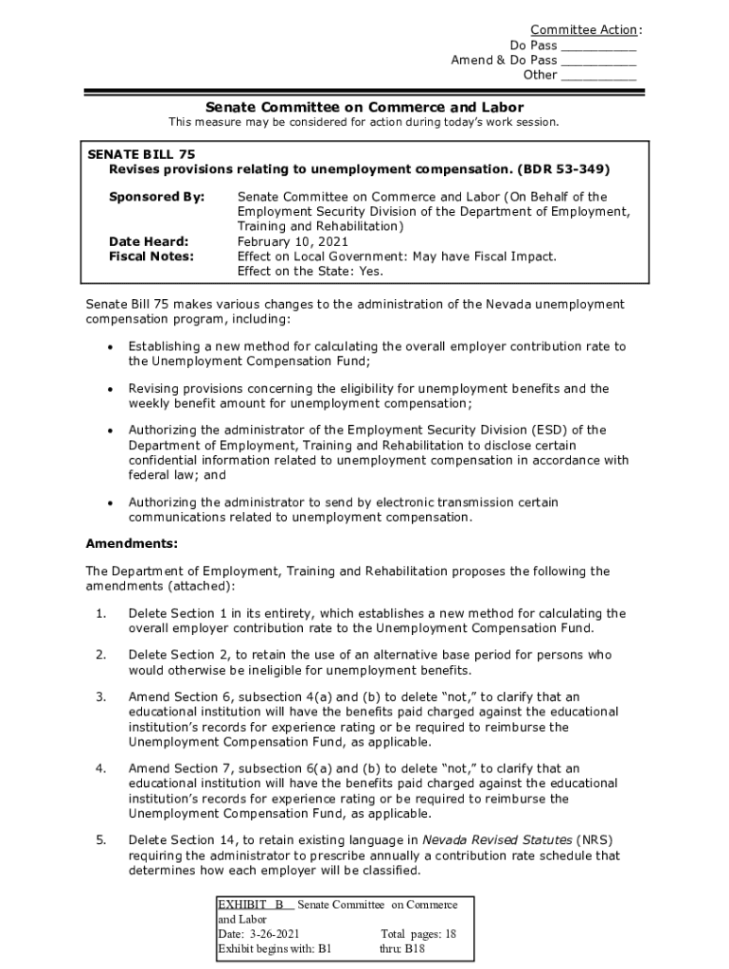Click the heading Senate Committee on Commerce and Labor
(x=364, y=107)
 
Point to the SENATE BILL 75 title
(x=142, y=153)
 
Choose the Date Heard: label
(x=149, y=241)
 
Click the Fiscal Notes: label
(x=151, y=256)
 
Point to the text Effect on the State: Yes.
(x=311, y=272)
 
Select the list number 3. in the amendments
(x=100, y=696)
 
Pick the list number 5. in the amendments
(x=100, y=840)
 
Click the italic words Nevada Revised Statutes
(x=496, y=840)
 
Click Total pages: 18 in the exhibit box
(x=418, y=933)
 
